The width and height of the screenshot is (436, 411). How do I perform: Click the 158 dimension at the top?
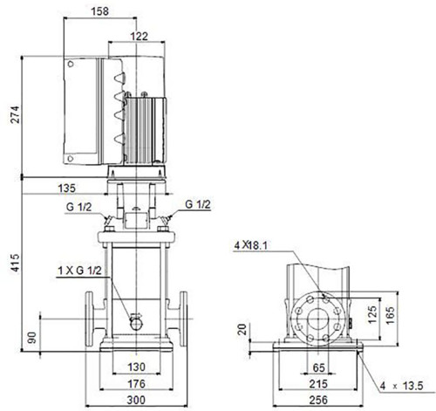(x=99, y=11)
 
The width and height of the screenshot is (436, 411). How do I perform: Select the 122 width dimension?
(x=139, y=36)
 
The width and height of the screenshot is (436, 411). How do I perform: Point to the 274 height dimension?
(x=15, y=115)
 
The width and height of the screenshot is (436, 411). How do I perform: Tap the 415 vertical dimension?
(x=15, y=264)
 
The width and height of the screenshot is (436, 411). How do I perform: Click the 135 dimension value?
(x=66, y=188)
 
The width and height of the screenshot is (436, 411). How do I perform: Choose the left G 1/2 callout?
(x=78, y=207)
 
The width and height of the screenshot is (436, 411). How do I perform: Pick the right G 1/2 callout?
(x=198, y=204)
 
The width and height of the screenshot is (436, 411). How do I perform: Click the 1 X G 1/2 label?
(x=79, y=271)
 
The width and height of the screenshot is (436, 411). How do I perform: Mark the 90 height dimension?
(x=32, y=338)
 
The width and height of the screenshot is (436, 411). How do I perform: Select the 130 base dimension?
(x=136, y=367)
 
